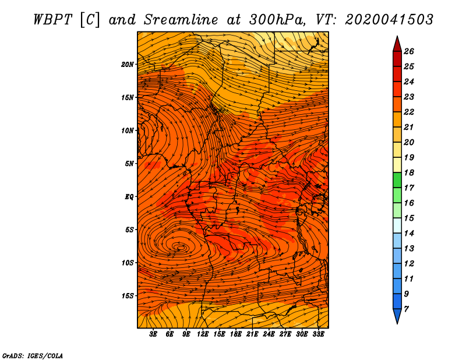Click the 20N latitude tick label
pos(128,65)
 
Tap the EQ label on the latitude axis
pos(129,197)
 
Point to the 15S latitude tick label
pos(128,296)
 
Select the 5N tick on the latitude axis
pos(129,164)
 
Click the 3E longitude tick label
pos(153,334)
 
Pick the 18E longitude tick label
pos(236,334)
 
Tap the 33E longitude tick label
pos(318,334)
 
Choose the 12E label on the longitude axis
pos(203,334)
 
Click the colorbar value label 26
pos(409,51)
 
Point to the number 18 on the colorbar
pos(409,172)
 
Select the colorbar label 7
pos(407,309)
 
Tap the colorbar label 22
pos(409,112)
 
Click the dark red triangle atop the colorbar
pos(397,45)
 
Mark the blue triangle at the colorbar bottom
pos(397,315)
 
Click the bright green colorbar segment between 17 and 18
pos(397,180)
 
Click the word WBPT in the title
pos(53,20)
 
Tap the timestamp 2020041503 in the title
pos(389,20)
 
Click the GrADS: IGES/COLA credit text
pos(33,355)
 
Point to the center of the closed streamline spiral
pos(180,247)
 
